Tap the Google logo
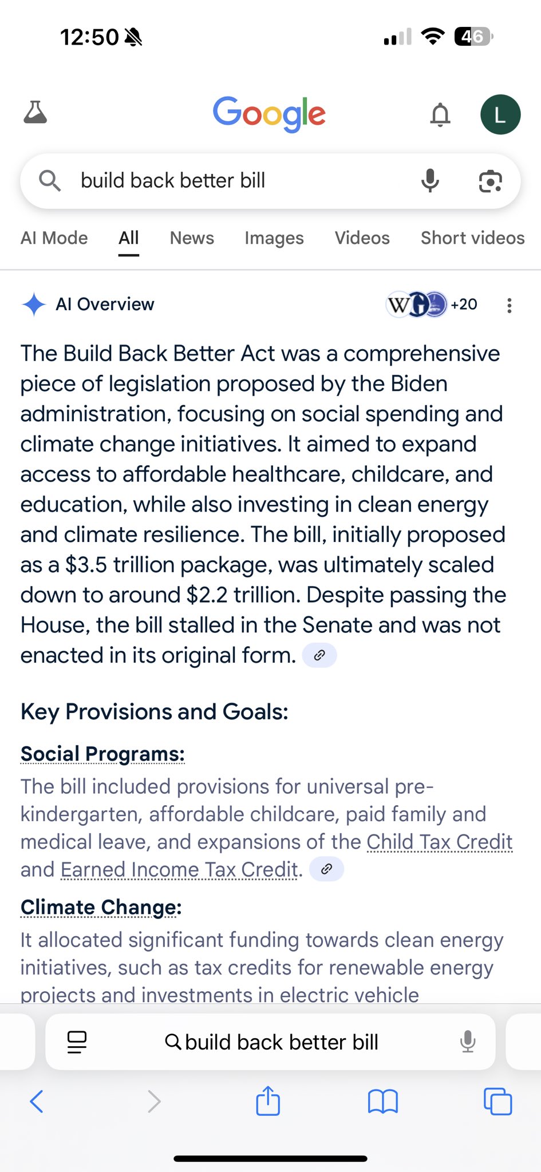coord(269,113)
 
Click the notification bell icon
coord(440,114)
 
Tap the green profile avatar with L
coord(500,114)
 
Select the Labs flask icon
coord(35,113)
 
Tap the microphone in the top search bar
coord(430,181)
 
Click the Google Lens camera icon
coord(490,181)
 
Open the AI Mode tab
coord(54,238)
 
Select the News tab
coord(192,238)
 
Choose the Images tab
coord(274,238)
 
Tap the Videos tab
coord(362,238)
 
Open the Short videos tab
coord(472,238)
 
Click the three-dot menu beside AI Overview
coord(509,306)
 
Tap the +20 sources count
coord(464,304)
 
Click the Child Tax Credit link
coord(439,842)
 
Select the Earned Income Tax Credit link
coord(179,870)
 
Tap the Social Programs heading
coord(102,754)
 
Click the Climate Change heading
coord(101,908)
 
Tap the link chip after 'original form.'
coord(319,655)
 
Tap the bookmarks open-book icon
coord(382,1102)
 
